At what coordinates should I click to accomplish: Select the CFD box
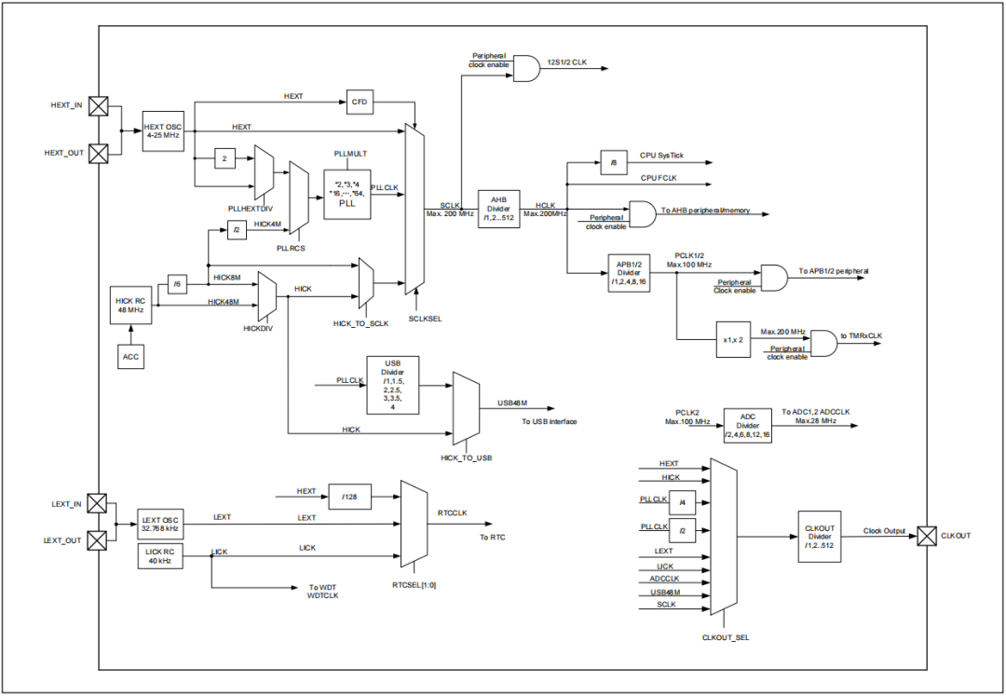tap(359, 102)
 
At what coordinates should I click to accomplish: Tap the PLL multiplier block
tap(347, 195)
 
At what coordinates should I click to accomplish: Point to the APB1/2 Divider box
tap(629, 273)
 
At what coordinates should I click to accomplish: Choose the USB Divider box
tap(392, 385)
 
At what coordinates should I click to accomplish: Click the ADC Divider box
tap(748, 423)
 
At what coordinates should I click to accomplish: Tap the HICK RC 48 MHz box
tap(130, 305)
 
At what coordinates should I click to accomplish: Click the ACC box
tap(130, 355)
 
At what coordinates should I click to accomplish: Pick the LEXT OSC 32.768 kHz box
tap(160, 523)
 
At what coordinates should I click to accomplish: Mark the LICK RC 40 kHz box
tap(160, 556)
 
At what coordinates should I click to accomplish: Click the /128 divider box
tap(349, 498)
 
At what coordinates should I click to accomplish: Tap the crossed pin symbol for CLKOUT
tap(927, 536)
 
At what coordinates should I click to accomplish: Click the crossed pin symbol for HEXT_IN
tap(98, 106)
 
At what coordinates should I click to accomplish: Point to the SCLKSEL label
tap(425, 318)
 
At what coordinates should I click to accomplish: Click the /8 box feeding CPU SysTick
tap(613, 161)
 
